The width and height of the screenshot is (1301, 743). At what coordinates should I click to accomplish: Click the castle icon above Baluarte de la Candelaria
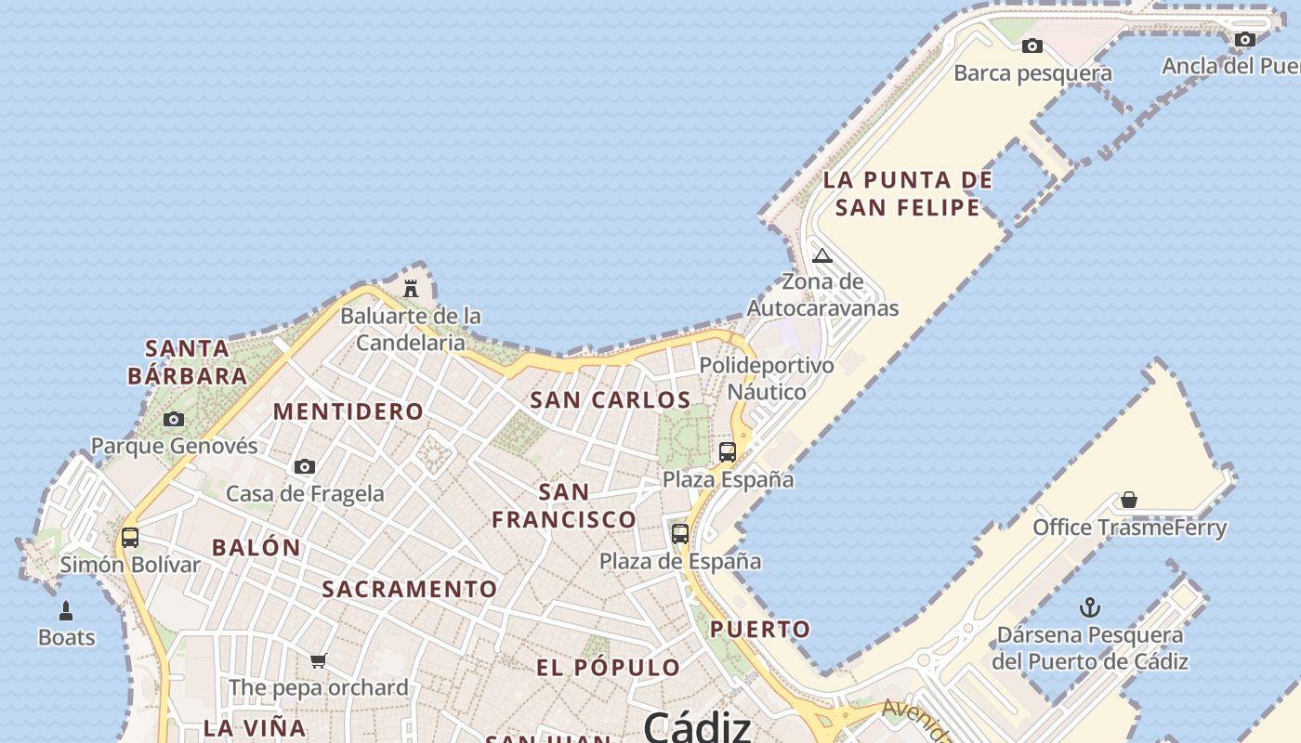tap(411, 288)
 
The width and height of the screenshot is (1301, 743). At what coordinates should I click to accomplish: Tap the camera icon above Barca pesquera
tap(1032, 46)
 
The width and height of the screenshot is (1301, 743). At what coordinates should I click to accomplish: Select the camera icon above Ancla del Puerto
tap(1245, 39)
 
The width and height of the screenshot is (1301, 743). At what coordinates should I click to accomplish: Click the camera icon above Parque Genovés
tap(174, 419)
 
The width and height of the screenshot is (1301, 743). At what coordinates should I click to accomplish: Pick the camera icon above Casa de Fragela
tap(305, 466)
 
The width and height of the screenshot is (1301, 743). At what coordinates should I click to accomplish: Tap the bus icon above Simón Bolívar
tap(130, 537)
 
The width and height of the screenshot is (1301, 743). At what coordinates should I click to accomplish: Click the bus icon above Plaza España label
tap(728, 452)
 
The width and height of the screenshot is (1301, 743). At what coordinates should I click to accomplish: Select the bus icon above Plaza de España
tap(680, 534)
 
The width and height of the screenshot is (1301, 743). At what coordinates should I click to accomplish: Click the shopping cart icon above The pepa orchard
tap(319, 660)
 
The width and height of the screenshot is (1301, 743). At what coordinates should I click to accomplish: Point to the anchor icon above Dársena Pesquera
tap(1089, 608)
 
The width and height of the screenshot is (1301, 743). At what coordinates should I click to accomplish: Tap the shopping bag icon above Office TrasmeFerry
tap(1129, 501)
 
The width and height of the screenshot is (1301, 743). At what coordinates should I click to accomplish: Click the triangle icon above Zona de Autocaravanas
tap(822, 255)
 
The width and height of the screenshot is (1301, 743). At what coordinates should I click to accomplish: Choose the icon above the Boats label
tap(66, 610)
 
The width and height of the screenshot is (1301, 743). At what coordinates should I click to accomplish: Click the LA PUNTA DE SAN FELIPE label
tap(908, 193)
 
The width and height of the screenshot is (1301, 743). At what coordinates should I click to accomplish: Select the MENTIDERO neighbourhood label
tap(348, 411)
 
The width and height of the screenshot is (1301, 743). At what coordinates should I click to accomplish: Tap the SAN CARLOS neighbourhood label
tap(611, 400)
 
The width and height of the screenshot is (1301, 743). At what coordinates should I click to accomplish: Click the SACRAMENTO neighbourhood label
tap(410, 589)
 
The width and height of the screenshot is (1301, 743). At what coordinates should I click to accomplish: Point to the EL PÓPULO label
tap(609, 668)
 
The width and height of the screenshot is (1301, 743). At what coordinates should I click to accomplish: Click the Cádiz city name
tap(697, 725)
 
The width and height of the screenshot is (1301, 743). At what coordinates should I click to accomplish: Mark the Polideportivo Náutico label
tap(767, 378)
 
